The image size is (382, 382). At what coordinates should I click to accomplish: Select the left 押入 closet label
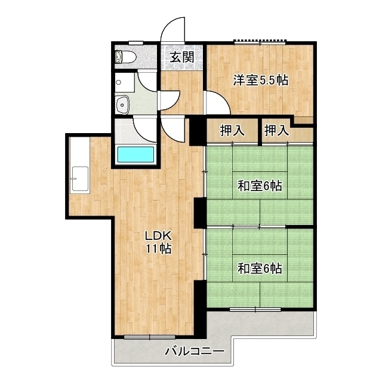point(232,131)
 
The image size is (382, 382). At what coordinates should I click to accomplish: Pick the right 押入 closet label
point(277,131)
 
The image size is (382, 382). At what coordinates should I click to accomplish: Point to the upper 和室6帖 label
point(260,186)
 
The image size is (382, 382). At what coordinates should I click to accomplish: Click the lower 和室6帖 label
point(260,268)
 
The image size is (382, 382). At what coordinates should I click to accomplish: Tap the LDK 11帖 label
point(158,242)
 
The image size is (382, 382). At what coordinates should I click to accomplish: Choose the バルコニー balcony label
point(195,352)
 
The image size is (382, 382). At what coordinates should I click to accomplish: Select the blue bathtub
point(136,155)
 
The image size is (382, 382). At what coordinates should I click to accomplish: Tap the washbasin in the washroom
point(123,104)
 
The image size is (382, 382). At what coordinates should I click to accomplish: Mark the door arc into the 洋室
point(216,103)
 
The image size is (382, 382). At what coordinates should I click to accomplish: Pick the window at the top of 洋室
point(260,42)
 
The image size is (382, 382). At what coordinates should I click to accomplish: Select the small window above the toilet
point(136,42)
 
